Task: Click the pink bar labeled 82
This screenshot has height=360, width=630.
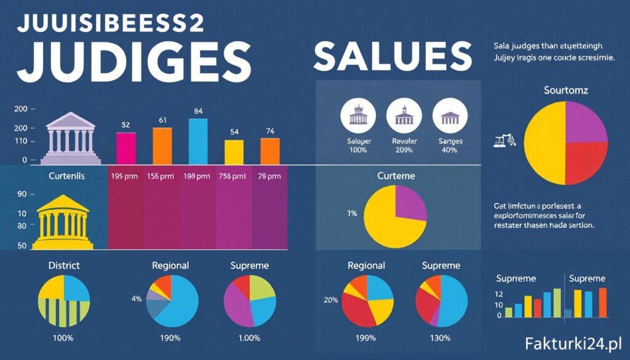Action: point(126,146)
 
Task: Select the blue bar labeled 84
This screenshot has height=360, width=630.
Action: point(198,139)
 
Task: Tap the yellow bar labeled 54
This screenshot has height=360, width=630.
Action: point(234,150)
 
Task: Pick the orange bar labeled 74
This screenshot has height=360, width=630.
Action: point(269,149)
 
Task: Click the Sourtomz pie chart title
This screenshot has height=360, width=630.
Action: point(566,90)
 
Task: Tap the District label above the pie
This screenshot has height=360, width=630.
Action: point(63,266)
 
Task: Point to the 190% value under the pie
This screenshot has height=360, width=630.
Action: point(170,338)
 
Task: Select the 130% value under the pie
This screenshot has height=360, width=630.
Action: point(440,338)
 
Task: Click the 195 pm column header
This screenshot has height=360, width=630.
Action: point(125,176)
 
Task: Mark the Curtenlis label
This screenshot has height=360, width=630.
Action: point(66,176)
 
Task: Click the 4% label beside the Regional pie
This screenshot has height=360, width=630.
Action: point(137,298)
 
